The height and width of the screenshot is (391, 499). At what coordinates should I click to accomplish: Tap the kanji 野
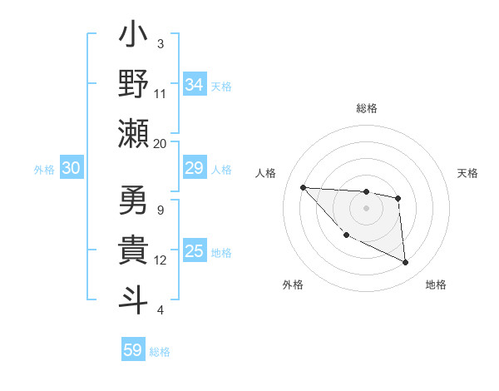pos(133,84)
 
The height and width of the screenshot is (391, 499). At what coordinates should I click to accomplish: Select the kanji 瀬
pos(133,133)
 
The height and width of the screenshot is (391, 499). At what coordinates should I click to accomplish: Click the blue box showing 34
pos(195,84)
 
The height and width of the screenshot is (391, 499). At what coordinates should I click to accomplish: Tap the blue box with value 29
pos(195,169)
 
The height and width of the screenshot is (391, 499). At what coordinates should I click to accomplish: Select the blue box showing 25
pos(195,251)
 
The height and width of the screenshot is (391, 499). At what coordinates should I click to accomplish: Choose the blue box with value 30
pos(72,169)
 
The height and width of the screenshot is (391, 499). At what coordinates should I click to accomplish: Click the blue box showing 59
pos(133,350)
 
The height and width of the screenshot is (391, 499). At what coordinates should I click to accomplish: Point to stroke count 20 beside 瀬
pos(161,143)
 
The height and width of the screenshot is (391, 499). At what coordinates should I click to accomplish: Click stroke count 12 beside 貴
pos(161,260)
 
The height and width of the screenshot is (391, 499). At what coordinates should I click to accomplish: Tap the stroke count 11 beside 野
pos(161,93)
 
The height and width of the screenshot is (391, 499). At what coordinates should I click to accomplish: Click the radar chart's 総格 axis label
pos(366,108)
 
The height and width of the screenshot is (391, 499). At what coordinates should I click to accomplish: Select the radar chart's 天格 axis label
pos(468,173)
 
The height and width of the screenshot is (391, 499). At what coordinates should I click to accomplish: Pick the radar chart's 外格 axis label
pos(293,285)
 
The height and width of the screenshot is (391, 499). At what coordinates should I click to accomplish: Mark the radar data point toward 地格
pos(406,263)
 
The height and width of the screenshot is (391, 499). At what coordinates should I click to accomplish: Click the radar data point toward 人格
pos(303,187)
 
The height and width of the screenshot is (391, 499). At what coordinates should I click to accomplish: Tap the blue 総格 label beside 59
pos(160,351)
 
